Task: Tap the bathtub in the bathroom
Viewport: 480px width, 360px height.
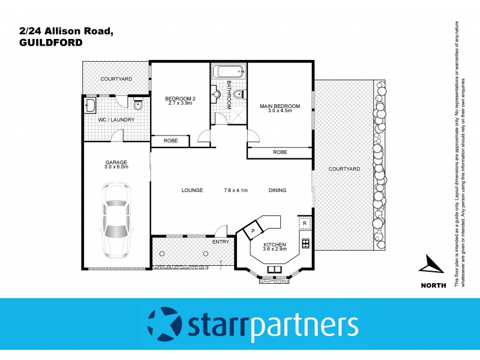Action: tap(229, 71)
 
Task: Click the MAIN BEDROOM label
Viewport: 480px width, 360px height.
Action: tap(280, 108)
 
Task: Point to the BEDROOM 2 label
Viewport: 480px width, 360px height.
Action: tap(180, 100)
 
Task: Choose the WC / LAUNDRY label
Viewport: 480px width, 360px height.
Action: tap(116, 119)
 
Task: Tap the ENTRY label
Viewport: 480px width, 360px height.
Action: tap(221, 242)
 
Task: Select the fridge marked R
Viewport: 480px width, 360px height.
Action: tap(305, 224)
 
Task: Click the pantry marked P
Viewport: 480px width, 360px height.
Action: tap(253, 231)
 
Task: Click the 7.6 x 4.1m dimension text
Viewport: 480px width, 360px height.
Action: tap(236, 190)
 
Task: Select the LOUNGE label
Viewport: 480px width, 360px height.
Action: tap(192, 190)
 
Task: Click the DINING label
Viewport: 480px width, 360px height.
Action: tap(277, 190)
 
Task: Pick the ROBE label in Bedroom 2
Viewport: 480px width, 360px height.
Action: tap(170, 140)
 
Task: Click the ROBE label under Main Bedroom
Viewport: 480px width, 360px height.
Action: tap(280, 152)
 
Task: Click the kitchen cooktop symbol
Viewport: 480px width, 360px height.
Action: tap(305, 243)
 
